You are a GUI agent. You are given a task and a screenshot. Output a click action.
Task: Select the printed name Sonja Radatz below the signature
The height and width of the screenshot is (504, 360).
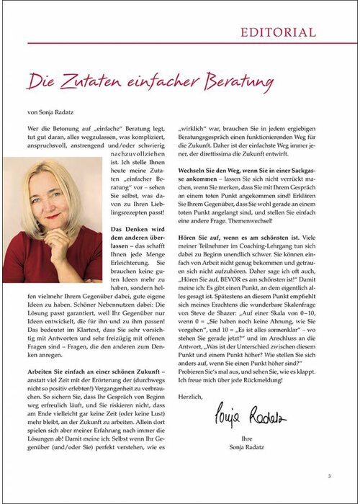(x=249, y=447)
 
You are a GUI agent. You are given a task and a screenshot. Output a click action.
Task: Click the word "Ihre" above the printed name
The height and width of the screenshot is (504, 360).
(x=249, y=437)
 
